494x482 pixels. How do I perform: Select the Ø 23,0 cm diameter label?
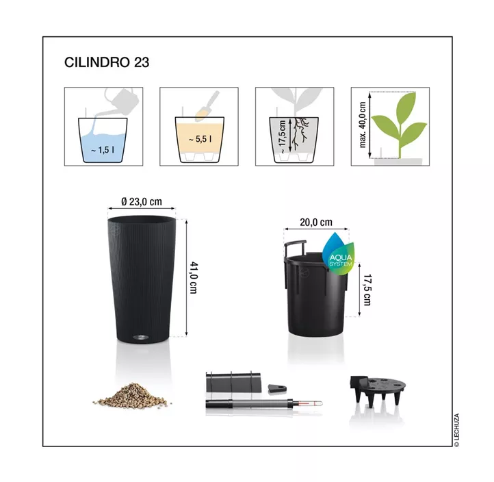click(x=142, y=201)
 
